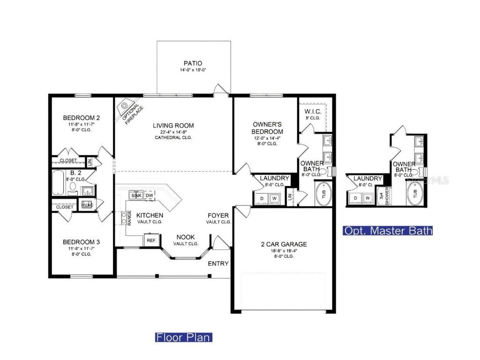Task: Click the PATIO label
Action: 193,63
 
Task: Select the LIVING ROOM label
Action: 173,126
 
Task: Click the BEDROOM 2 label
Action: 82,118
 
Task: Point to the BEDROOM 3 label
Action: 82,242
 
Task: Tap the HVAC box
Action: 87,205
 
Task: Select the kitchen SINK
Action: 136,195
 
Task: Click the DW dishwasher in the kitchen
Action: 149,195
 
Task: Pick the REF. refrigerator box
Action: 151,240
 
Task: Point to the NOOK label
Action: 186,237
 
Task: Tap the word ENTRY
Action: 218,263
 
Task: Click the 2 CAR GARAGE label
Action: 284,244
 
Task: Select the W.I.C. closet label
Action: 313,112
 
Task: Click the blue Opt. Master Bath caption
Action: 388,231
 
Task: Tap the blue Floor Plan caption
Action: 183,337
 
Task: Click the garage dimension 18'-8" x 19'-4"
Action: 284,251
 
